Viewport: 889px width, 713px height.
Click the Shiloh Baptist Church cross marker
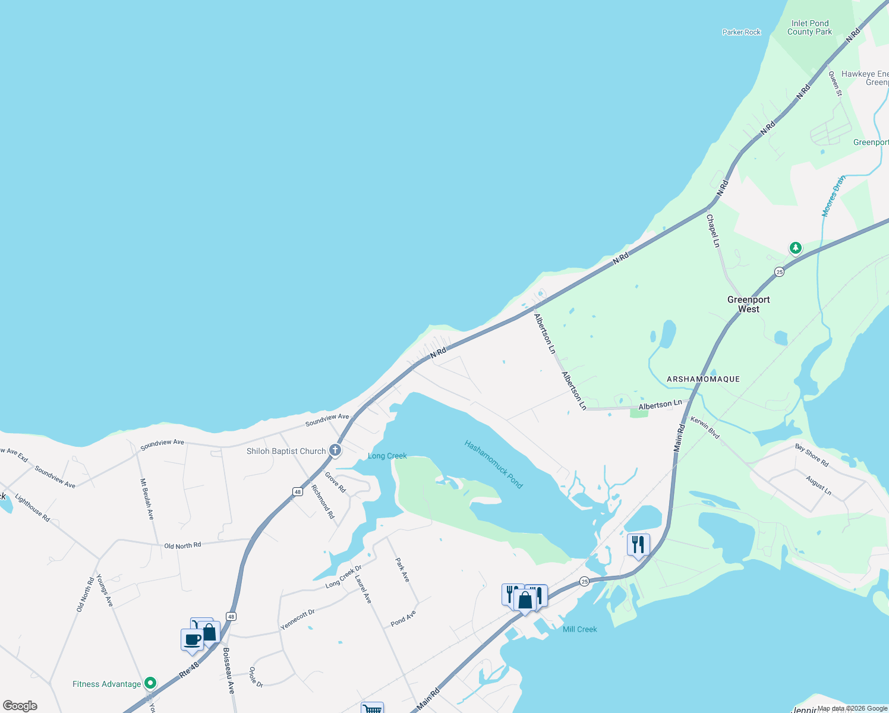[x=335, y=450]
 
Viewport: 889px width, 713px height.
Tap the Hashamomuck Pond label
[x=493, y=464]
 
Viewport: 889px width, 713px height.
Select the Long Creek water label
[x=387, y=456]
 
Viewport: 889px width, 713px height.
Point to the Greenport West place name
[x=748, y=304]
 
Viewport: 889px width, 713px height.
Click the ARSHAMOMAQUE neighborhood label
[x=703, y=379]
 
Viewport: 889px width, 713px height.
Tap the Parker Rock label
[x=741, y=32]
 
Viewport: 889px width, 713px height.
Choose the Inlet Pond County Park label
[x=809, y=28]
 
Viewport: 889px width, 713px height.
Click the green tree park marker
[x=795, y=247]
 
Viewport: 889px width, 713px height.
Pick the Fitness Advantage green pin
[x=150, y=683]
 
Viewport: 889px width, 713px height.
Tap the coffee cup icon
[x=192, y=640]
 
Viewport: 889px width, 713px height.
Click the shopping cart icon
[x=372, y=708]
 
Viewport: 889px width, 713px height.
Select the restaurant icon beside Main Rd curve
[x=638, y=544]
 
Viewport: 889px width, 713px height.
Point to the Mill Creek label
[x=579, y=629]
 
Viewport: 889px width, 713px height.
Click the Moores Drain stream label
[x=833, y=196]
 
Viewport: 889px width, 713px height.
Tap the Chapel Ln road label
[x=713, y=231]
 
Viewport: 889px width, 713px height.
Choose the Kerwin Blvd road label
[x=705, y=428]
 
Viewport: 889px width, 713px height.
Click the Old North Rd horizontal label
[x=182, y=545]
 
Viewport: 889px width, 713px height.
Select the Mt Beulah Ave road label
[x=147, y=499]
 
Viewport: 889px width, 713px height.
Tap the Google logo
[x=20, y=706]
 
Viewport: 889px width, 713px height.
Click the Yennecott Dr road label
[x=297, y=619]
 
